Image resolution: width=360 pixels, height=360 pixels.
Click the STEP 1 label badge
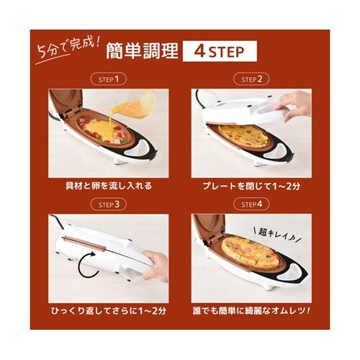click(109, 79)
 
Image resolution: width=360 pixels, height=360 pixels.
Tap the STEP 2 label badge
click(251, 79)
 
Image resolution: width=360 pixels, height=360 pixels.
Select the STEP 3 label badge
click(109, 204)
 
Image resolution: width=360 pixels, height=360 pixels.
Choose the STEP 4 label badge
click(251, 204)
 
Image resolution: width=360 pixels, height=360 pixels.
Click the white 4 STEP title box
click(220, 51)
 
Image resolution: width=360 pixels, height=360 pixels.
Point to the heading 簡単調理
click(142, 51)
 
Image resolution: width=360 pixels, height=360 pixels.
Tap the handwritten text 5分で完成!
click(67, 49)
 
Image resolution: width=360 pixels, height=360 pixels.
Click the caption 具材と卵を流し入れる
click(109, 186)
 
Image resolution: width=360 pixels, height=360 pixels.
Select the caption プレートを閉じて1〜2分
click(251, 186)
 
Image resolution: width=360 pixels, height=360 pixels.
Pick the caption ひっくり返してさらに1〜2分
click(109, 311)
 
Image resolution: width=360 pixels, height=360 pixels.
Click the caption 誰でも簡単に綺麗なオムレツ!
click(251, 311)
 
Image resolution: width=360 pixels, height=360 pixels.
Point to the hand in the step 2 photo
click(294, 104)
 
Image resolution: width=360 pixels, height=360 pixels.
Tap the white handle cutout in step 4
click(290, 274)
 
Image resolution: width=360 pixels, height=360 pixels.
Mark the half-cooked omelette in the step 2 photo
click(243, 136)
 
